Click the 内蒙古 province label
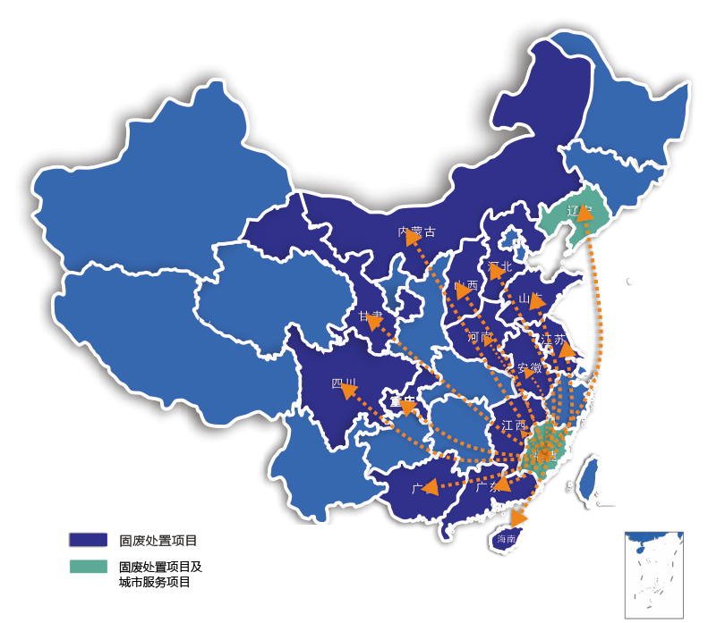click(x=417, y=232)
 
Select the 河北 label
click(x=500, y=266)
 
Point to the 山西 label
click(x=466, y=287)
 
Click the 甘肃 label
click(x=371, y=316)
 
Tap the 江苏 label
click(x=553, y=340)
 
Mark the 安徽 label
click(x=529, y=368)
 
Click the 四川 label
click(x=345, y=384)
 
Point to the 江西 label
click(x=515, y=425)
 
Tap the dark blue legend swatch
click(x=88, y=540)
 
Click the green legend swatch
click(x=88, y=568)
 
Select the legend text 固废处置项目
click(x=158, y=540)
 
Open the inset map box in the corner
click(x=653, y=575)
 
